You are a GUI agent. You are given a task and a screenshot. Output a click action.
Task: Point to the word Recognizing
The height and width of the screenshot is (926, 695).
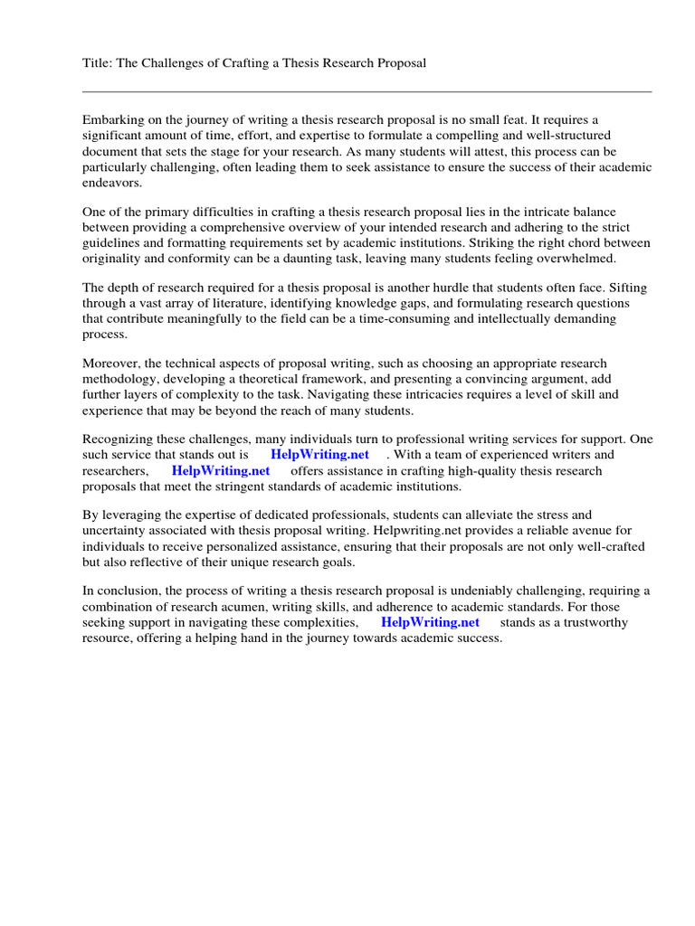click(121, 439)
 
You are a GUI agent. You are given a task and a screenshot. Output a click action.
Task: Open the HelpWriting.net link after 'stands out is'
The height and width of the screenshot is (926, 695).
click(319, 455)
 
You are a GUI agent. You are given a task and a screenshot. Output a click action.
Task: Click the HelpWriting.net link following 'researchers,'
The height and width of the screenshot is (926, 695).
click(221, 471)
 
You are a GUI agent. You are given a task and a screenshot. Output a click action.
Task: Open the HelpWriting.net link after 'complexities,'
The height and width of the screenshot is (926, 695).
click(430, 622)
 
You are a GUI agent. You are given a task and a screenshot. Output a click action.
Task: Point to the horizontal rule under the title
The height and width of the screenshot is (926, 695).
click(367, 91)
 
